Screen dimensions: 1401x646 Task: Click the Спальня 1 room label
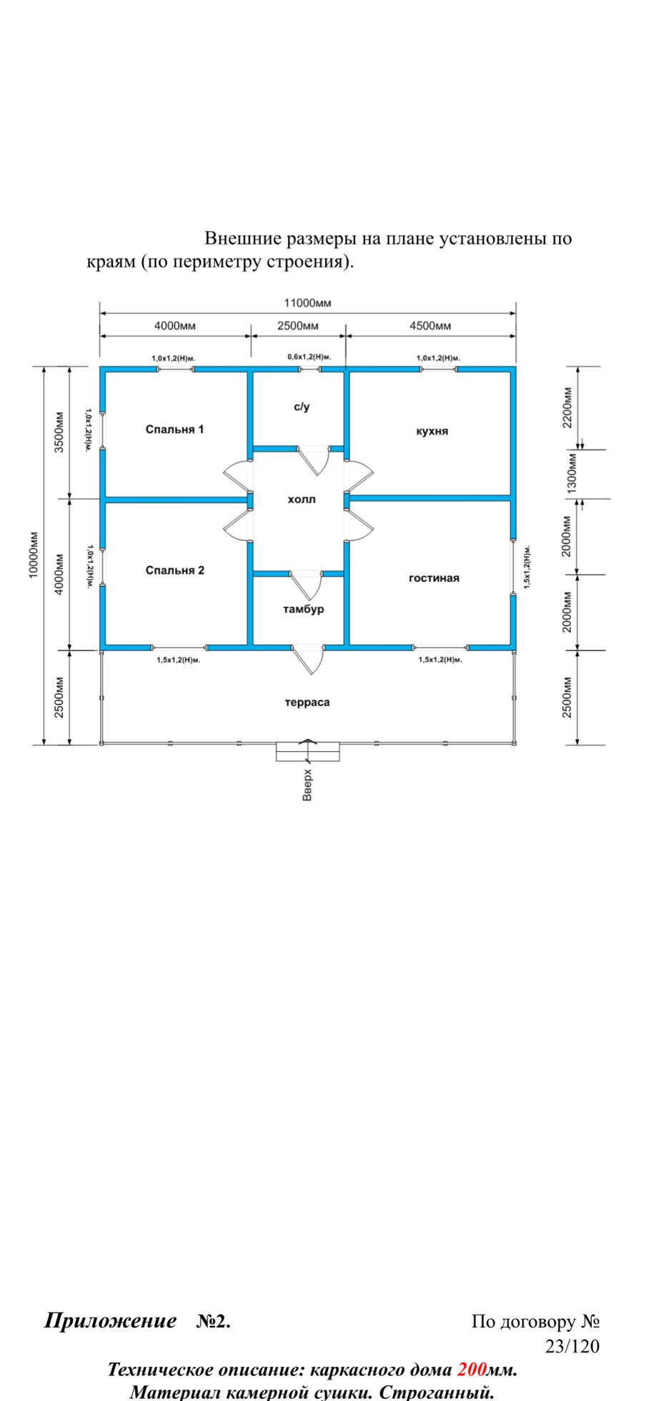(x=174, y=430)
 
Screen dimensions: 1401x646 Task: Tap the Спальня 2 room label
(x=174, y=570)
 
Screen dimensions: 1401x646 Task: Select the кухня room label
(x=432, y=431)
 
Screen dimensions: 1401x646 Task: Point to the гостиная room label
(x=434, y=578)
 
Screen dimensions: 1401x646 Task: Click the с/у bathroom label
(x=302, y=407)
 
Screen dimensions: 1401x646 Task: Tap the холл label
(x=302, y=500)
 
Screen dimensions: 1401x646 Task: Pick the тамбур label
(x=303, y=609)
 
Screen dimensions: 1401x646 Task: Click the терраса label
(x=307, y=703)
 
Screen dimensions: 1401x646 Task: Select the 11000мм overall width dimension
(x=307, y=302)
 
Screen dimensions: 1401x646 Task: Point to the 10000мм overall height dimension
(x=34, y=555)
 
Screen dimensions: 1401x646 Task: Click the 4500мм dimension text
(x=430, y=326)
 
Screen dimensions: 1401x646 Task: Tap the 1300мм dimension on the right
(x=571, y=473)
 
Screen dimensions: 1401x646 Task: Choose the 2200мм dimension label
(x=567, y=407)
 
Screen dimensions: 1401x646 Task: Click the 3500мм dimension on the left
(x=59, y=432)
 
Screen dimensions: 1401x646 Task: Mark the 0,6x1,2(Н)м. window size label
(x=309, y=357)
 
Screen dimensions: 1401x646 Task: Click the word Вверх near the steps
(x=307, y=785)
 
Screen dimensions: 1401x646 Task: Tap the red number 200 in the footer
(x=472, y=1370)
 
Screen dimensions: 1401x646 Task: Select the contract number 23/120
(x=572, y=1347)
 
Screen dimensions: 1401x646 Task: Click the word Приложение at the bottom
(x=111, y=1321)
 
